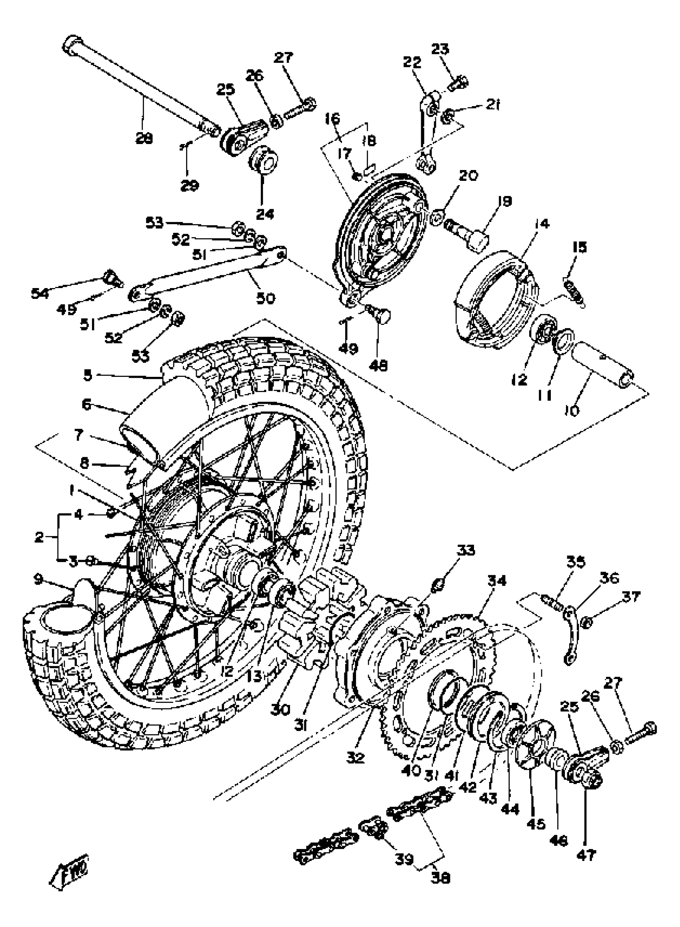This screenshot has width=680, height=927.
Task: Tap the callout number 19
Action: click(x=505, y=202)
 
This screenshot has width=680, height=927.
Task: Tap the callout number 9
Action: click(x=38, y=580)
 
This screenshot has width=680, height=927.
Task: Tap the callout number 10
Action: click(x=572, y=410)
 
